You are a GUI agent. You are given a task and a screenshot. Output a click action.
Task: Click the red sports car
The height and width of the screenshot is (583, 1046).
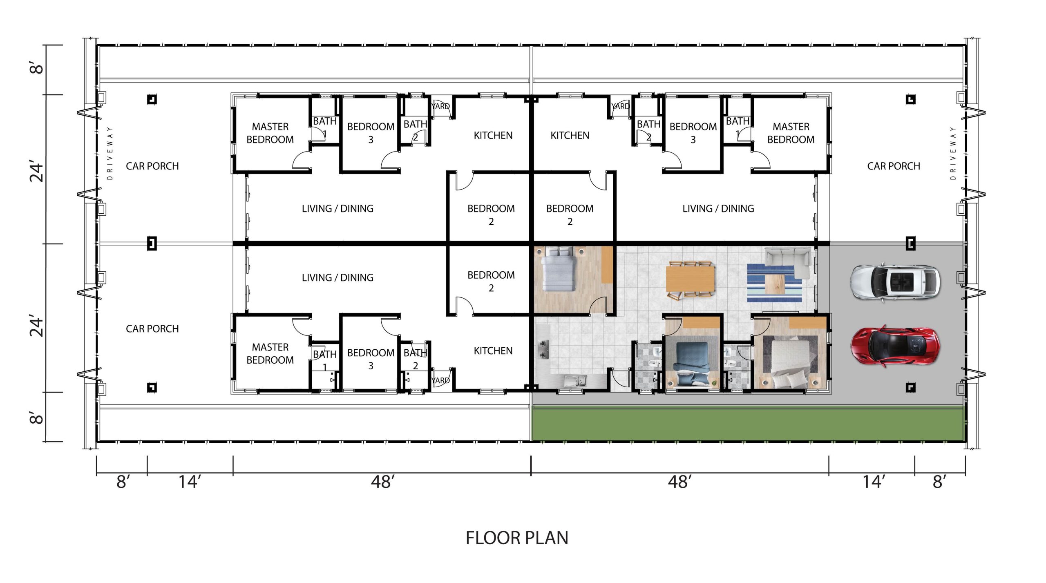[x=894, y=345]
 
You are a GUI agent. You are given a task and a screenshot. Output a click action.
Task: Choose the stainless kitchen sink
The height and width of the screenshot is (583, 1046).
[x=576, y=381]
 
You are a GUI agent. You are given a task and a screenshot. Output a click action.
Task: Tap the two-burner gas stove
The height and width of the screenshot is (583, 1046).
[x=543, y=349]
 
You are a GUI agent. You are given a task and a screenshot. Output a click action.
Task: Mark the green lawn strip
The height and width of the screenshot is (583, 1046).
[x=748, y=424]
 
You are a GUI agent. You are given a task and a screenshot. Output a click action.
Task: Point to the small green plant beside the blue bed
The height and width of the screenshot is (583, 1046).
[x=714, y=383]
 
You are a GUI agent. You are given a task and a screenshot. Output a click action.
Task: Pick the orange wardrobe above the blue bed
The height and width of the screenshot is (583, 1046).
[x=700, y=322]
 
